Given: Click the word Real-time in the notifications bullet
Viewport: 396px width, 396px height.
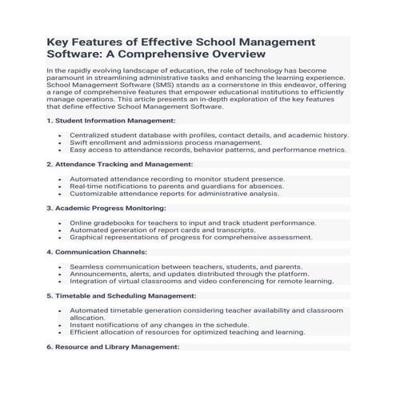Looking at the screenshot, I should pos(85,186).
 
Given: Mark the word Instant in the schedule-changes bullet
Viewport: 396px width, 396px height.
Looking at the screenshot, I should pos(82,324).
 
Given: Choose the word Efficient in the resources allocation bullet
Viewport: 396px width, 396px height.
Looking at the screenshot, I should pos(84,331).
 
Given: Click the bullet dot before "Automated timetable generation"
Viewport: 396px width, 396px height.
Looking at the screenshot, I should pos(59,310).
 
